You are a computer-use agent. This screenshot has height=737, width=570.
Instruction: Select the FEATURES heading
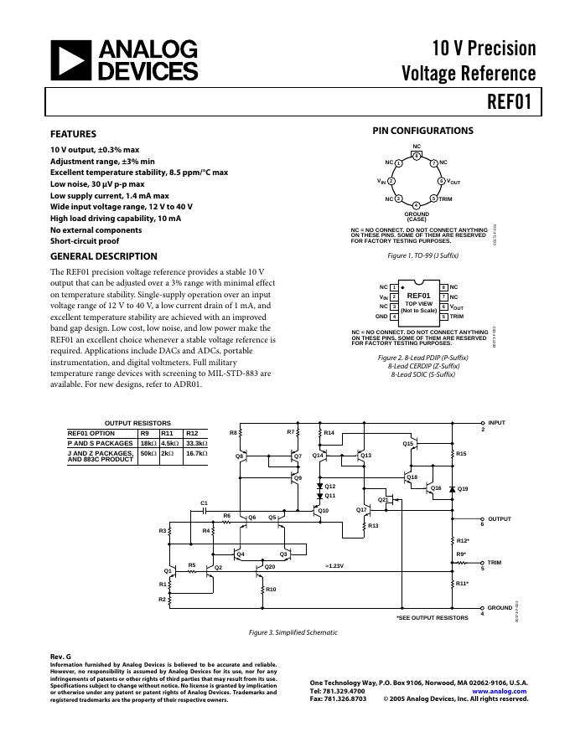point(73,134)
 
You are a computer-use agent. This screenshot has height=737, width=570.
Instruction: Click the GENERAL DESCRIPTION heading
point(103,256)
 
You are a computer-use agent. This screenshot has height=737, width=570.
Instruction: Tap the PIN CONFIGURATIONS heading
point(422,131)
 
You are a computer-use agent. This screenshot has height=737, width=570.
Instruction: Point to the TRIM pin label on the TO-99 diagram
point(445,198)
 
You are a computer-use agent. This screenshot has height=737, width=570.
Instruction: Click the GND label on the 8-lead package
point(381,317)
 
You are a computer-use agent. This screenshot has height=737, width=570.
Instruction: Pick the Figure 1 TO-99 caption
point(422,254)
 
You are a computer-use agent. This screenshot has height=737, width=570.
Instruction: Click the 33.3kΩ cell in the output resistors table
point(196,443)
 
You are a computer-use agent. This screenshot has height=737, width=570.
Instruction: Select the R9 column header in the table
point(144,433)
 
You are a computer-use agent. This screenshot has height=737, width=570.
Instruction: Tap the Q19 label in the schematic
point(463,488)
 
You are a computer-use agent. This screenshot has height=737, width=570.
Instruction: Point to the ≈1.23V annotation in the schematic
point(334,566)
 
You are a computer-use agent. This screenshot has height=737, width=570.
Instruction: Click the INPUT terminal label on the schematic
point(497,423)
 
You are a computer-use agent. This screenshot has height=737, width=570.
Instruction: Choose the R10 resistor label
point(271,590)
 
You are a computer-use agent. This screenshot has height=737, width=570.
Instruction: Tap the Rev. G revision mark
point(60,657)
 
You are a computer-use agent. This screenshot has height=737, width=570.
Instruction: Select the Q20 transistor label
point(270,567)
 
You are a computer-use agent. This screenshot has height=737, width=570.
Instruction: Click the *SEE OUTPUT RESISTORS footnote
point(432,617)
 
